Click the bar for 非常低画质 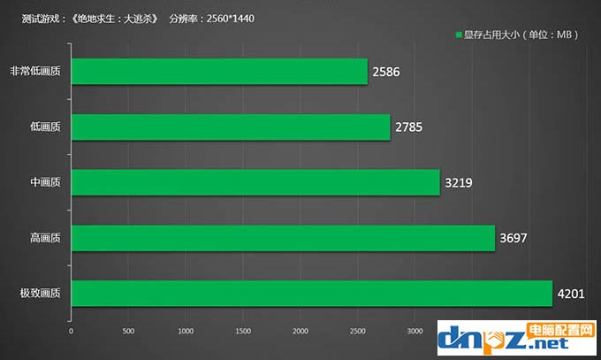coord(219,72)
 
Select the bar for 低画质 coord(231,127)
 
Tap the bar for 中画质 coord(255,183)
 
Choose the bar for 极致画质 coord(311,294)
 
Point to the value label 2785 coord(409,127)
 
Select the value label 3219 coord(459,183)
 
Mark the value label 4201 coord(571,294)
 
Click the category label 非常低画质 coord(35,72)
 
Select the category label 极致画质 coord(41,294)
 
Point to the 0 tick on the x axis coord(72,332)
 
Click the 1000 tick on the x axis coord(186,332)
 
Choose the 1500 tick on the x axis coord(243,332)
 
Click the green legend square coord(459,35)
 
